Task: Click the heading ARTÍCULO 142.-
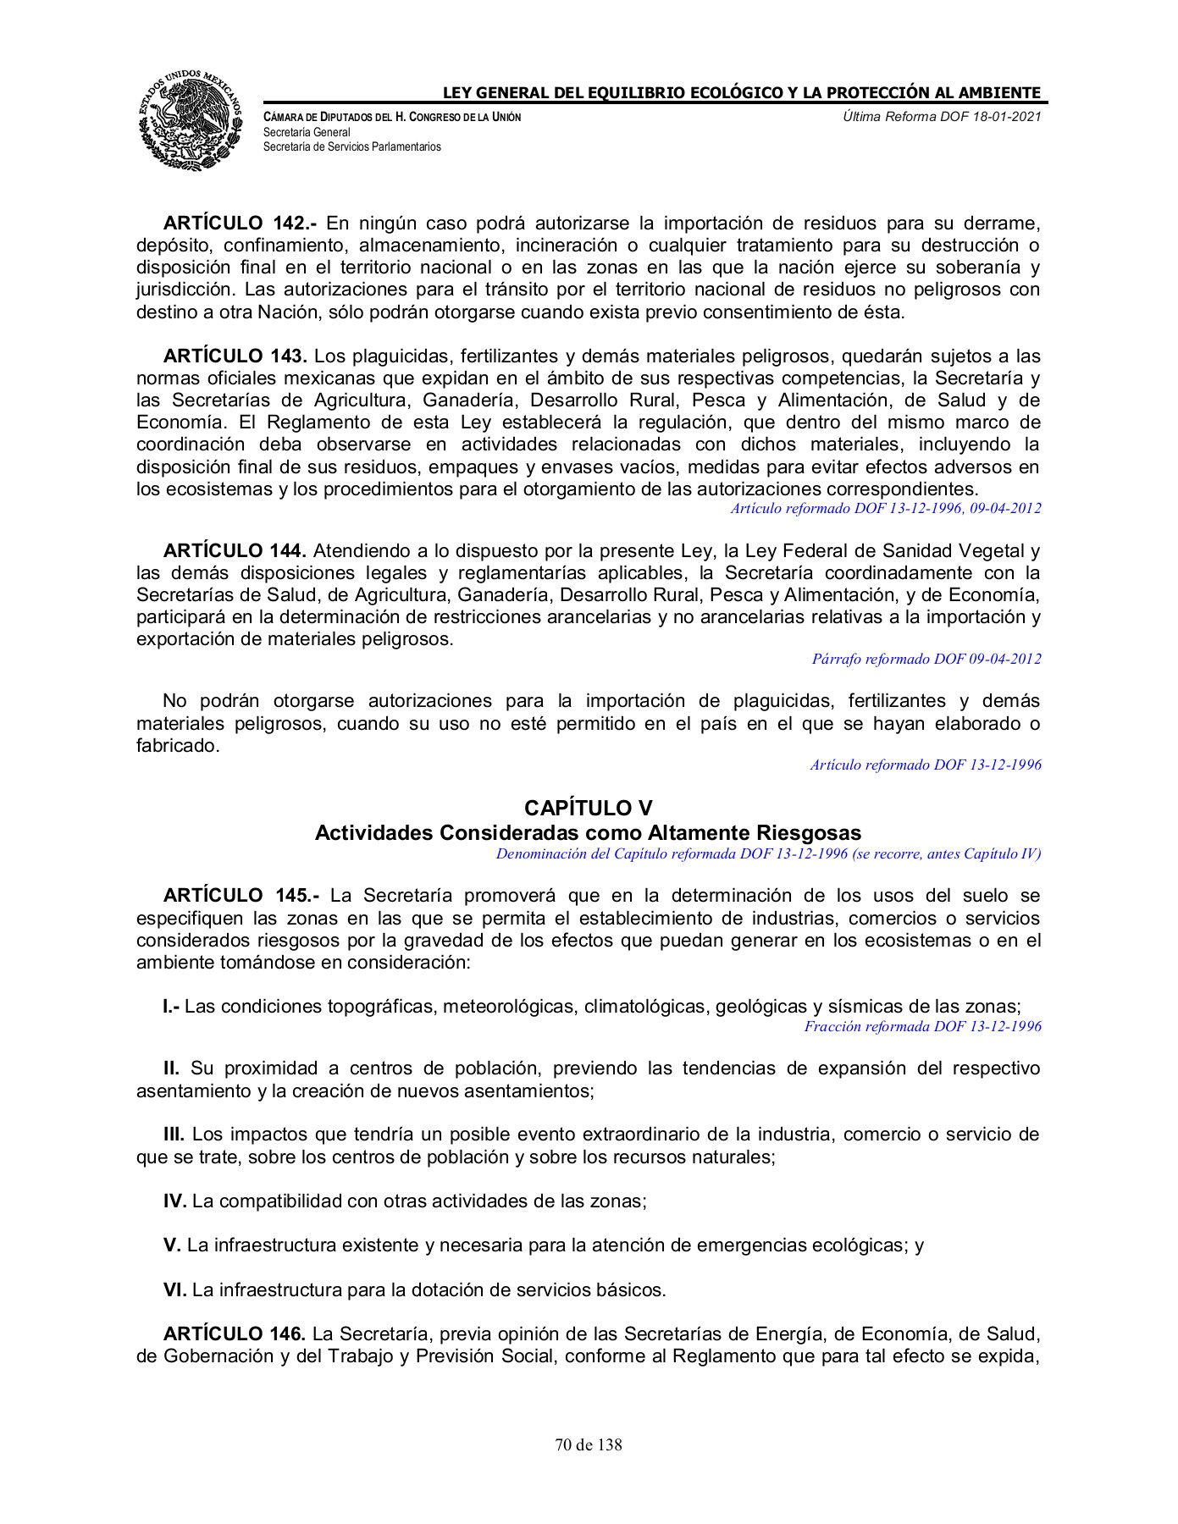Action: [240, 224]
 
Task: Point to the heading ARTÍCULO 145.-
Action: [241, 895]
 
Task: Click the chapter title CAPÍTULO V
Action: [588, 808]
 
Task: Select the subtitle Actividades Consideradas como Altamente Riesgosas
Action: [588, 832]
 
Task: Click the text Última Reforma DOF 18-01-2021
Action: [942, 116]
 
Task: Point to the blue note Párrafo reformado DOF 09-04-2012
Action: [926, 659]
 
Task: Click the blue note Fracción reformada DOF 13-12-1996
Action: [922, 1026]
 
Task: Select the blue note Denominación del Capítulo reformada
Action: [768, 853]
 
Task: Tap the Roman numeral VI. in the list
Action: [174, 1289]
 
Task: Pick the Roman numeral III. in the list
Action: [174, 1135]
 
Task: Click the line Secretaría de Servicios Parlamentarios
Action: [352, 146]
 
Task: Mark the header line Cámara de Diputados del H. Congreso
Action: [392, 117]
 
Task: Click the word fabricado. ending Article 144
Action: [178, 746]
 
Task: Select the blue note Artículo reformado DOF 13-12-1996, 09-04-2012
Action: [885, 508]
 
